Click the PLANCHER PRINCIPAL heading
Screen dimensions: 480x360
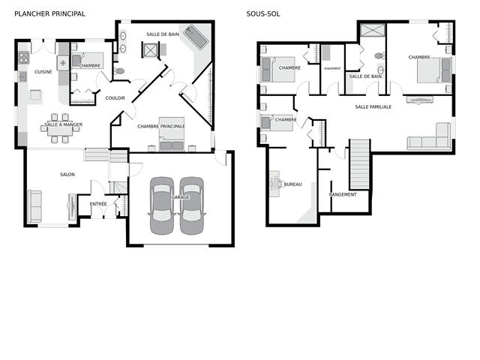[x=50, y=13]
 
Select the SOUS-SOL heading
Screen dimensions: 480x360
[x=263, y=13]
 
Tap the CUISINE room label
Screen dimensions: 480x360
[x=43, y=72]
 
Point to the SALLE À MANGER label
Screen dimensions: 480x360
[x=63, y=124]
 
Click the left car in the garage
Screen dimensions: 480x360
[x=162, y=205]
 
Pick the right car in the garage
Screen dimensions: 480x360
[x=192, y=205]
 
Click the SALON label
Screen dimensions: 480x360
[x=67, y=175]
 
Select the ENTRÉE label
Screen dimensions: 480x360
[x=98, y=204]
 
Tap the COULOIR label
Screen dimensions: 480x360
[x=115, y=98]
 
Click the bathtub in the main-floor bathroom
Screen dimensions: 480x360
[x=196, y=37]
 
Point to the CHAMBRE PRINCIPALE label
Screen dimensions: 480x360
[x=161, y=127]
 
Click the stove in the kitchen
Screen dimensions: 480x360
[x=24, y=58]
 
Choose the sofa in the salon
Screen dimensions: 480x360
[x=34, y=206]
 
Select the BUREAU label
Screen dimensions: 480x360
[x=293, y=184]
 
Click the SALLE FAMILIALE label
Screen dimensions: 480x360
[x=373, y=106]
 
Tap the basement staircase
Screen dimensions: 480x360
[x=360, y=164]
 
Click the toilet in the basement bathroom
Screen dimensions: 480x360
[x=379, y=56]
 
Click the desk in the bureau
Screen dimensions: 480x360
[x=274, y=184]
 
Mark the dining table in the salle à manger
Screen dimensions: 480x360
[x=60, y=128]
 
